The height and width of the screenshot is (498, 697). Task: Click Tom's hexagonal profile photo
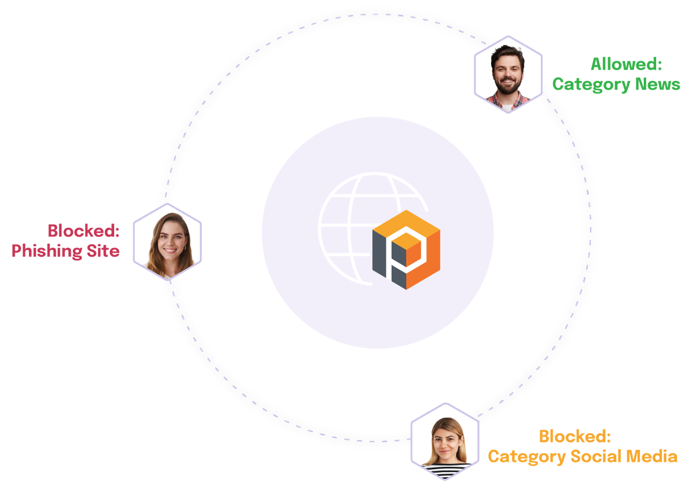[x=508, y=74]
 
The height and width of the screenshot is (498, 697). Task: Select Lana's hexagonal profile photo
[x=167, y=241]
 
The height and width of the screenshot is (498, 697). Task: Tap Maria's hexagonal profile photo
[x=445, y=441]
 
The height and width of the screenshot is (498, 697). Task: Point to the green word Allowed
[x=626, y=64]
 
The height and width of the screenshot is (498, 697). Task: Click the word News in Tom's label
[x=657, y=84]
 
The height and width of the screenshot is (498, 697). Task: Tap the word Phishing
[x=47, y=251]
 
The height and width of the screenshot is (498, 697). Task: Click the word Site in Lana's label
[x=103, y=251]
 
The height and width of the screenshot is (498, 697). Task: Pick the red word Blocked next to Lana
[x=83, y=231]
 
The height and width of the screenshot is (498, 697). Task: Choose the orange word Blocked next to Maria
[x=574, y=437]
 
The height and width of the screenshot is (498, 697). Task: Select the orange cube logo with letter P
[x=406, y=249]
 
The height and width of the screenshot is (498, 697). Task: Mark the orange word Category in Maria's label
[x=526, y=457]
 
